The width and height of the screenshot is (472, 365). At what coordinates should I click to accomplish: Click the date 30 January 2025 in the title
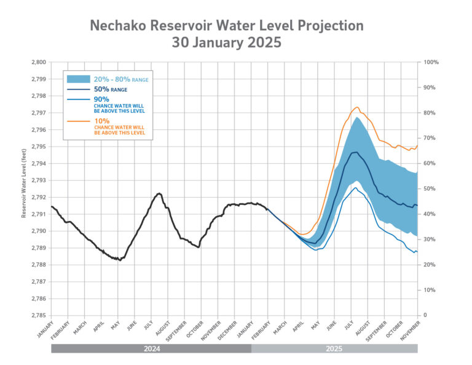[x=227, y=43]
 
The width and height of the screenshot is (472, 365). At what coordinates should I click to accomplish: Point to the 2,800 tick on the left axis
[x=38, y=62]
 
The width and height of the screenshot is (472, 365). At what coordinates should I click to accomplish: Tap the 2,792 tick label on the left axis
[x=38, y=198]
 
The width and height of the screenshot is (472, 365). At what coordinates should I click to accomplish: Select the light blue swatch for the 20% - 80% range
[x=78, y=79]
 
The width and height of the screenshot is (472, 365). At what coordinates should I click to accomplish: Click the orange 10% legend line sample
[x=78, y=121]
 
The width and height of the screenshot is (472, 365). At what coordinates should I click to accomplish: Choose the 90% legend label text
[x=101, y=98]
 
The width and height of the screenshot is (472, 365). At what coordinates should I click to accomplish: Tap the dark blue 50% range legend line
[x=78, y=89]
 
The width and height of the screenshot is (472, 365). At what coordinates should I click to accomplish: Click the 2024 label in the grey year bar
[x=151, y=348]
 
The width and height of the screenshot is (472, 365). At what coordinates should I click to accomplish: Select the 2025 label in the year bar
[x=334, y=348]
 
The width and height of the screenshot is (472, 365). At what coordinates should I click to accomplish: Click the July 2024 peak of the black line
[x=159, y=193]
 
